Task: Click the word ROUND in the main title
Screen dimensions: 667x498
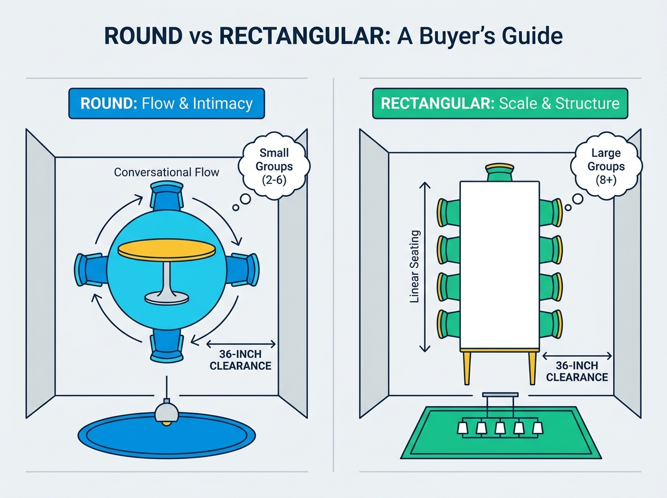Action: click(x=143, y=36)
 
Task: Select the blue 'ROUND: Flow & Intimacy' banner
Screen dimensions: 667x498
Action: click(x=167, y=103)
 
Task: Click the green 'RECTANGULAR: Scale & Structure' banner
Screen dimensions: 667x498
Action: click(x=500, y=103)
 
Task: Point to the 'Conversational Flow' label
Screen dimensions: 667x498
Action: click(x=167, y=172)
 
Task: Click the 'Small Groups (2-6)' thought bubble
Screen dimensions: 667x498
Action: click(x=274, y=166)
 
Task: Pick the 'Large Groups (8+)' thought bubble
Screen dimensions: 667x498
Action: click(x=606, y=166)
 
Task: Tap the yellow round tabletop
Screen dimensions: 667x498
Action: click(x=167, y=250)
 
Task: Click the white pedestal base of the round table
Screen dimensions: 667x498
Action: click(x=167, y=298)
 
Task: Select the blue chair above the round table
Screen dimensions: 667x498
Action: click(x=167, y=196)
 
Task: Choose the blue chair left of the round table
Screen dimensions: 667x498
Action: click(x=91, y=270)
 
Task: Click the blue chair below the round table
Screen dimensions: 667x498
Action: click(x=167, y=346)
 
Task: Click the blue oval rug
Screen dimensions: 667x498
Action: click(x=167, y=435)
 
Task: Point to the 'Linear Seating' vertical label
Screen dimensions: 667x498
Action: click(x=415, y=266)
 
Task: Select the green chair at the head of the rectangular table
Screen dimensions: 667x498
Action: click(x=500, y=172)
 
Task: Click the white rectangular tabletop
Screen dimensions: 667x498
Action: click(x=500, y=265)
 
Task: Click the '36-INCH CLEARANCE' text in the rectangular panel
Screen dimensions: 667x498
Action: click(x=577, y=371)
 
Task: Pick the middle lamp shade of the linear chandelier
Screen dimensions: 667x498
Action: click(x=500, y=428)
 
